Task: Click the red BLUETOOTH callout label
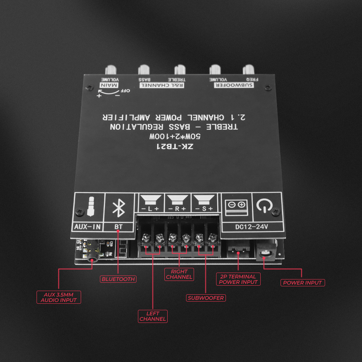(x=118, y=279)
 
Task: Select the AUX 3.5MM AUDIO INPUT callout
(x=59, y=297)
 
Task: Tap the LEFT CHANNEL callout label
(x=153, y=316)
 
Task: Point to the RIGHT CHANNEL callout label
(x=179, y=274)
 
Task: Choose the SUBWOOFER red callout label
(x=206, y=298)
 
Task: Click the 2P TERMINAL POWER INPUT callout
(x=237, y=279)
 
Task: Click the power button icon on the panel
(x=264, y=206)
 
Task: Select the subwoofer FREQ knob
(x=249, y=70)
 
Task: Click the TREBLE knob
(x=180, y=70)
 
